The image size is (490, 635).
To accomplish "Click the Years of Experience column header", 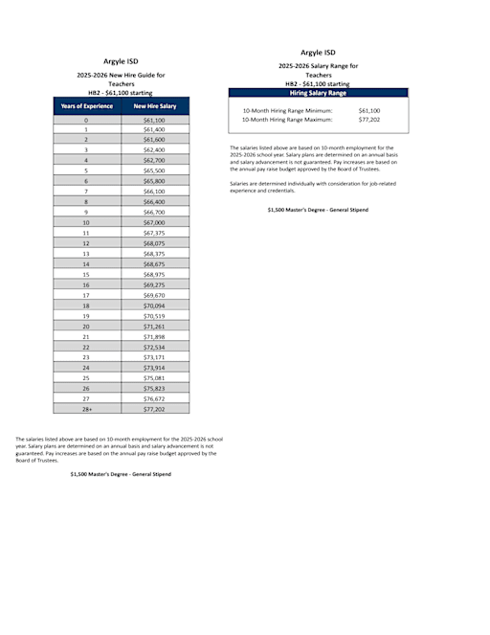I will (86, 106).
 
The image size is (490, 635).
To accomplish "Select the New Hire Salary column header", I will (154, 106).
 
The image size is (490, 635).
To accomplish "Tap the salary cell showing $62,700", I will (154, 160).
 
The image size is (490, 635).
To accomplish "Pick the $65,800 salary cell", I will (154, 181).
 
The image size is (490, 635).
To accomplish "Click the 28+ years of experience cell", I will (86, 408).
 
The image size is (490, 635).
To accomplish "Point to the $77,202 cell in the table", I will (154, 408).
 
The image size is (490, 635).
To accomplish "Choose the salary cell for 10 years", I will (154, 222).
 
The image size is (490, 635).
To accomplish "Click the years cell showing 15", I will (86, 274).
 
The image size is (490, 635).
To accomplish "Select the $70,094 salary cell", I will (154, 305).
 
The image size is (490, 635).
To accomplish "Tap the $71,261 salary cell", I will (154, 326).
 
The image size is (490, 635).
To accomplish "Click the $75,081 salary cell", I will (154, 377).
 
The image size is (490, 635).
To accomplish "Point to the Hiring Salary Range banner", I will (318, 93).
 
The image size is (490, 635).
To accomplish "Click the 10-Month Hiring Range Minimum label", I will (287, 111).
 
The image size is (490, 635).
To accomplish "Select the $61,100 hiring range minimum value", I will (368, 111).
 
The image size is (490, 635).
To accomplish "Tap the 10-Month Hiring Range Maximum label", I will (287, 120).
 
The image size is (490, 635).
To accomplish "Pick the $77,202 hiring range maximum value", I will (368, 120).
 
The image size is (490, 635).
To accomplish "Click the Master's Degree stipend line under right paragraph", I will (318, 209).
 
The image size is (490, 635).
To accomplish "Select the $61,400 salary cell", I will (154, 129).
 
